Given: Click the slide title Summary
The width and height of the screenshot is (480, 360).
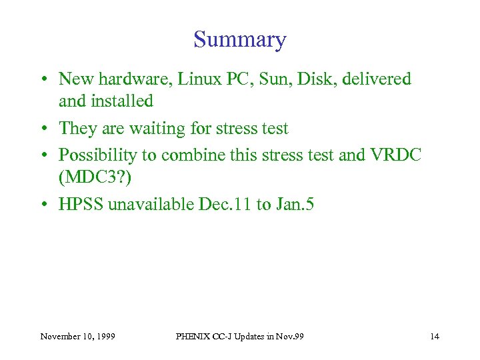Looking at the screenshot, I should point(239,39).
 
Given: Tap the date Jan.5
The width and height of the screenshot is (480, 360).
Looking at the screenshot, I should point(294,204).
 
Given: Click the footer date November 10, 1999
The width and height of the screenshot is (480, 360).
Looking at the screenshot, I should point(77,336).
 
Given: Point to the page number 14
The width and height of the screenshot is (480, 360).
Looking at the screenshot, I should point(435,336).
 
